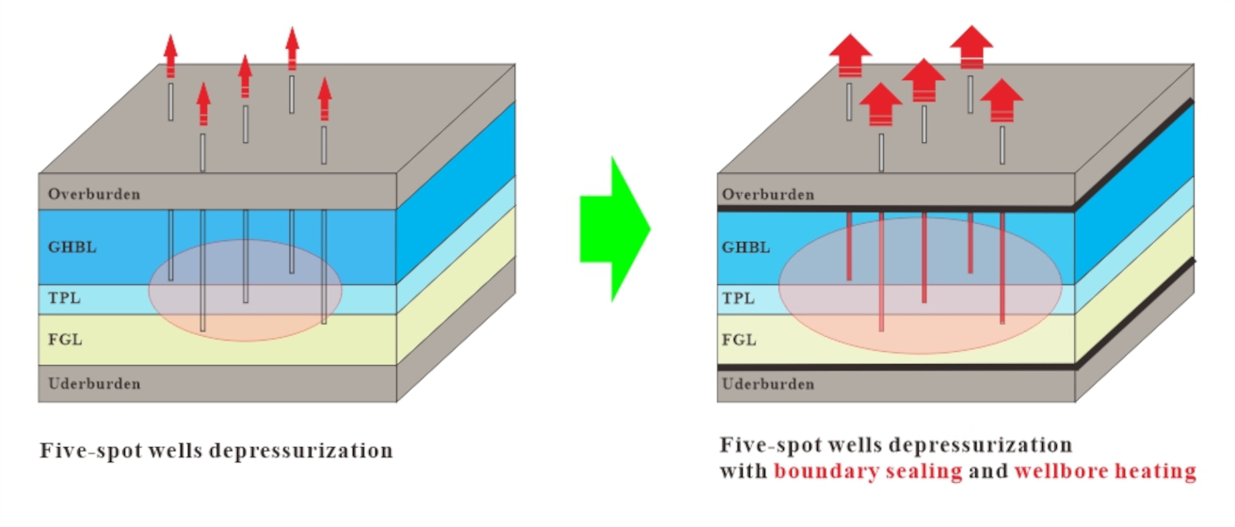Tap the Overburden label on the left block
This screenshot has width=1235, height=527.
pos(94,195)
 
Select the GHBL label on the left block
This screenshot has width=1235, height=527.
pos(72,248)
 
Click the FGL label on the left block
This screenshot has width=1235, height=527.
pos(65,339)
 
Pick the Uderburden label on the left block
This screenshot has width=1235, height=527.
pos(94,384)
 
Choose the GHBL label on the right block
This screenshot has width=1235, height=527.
pos(746,248)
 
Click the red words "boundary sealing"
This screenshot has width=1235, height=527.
pos(868,471)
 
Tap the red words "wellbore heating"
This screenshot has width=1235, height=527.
pos(1104,471)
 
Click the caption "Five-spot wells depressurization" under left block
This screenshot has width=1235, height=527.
pos(216,451)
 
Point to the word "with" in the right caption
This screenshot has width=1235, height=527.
pos(743,471)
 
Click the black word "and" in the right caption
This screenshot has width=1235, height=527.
pos(987,471)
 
